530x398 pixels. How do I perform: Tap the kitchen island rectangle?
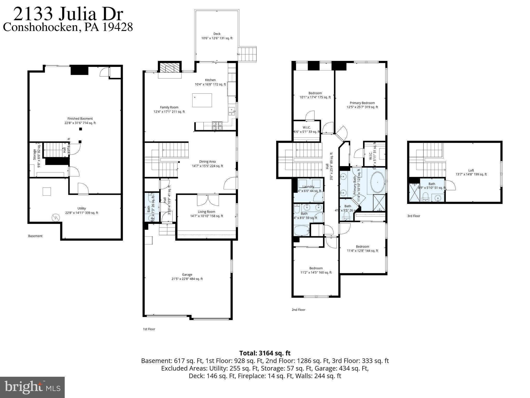[202, 100]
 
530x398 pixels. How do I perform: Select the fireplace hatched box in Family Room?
[170, 68]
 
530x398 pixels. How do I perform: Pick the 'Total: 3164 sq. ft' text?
[265, 353]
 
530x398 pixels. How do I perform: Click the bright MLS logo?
[32, 387]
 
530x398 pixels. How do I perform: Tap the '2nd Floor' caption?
[298, 310]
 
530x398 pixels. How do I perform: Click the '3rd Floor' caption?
[414, 216]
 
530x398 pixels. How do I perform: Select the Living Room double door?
[208, 200]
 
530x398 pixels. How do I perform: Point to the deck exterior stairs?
[247, 54]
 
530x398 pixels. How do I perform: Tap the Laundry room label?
[308, 187]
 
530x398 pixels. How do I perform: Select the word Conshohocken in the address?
[40, 27]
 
